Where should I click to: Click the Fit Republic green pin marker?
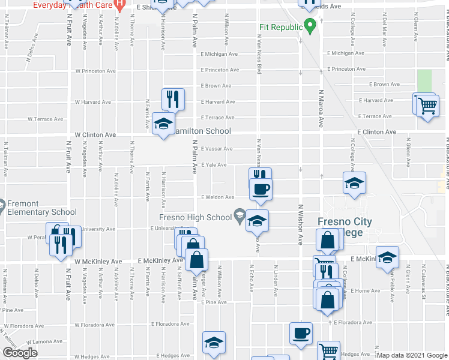coord(310,26)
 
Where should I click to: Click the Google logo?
coord(20,352)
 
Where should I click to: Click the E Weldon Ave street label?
coord(217,197)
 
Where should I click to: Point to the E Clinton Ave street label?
coord(376,132)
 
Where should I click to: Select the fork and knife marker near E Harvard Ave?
coord(173,99)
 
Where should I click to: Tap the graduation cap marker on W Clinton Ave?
coord(163,124)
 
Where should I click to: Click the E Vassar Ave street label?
coord(217,149)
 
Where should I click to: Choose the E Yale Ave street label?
coord(214,164)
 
